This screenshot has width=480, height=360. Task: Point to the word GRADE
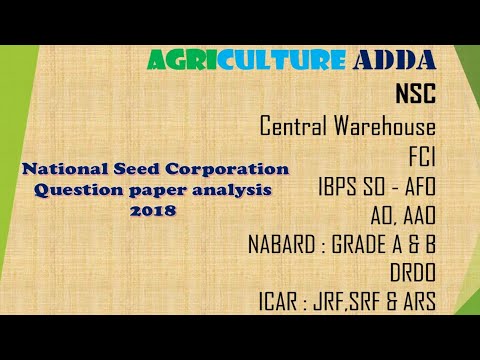373,243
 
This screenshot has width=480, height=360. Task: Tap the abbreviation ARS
414,300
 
